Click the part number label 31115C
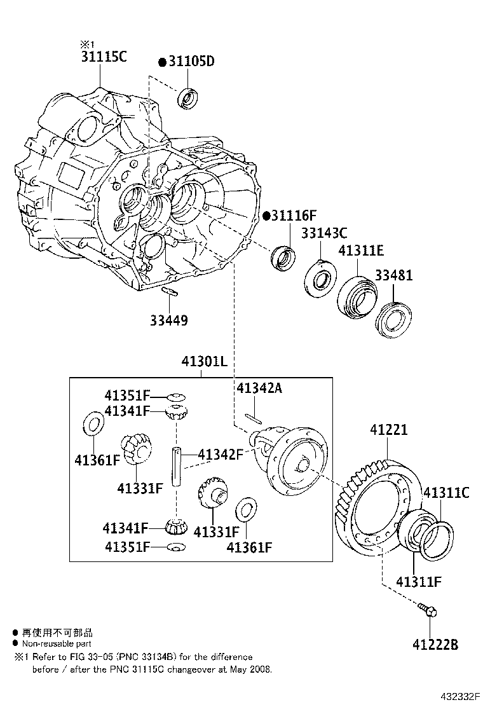104,57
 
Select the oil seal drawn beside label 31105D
188,97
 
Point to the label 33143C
324,233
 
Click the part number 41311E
361,251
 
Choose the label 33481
393,275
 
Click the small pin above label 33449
169,292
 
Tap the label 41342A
259,388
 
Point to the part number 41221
389,430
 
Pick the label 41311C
446,491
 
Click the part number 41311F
418,580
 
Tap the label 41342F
221,454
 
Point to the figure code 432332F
458,696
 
